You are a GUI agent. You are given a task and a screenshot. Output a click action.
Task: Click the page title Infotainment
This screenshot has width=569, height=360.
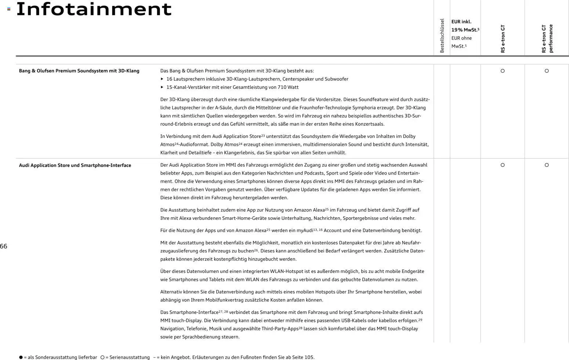point(94,9)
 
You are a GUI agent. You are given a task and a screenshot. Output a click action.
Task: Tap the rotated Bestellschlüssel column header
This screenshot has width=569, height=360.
point(442,36)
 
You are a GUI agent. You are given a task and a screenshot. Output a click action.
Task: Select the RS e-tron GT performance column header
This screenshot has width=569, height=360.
point(547,39)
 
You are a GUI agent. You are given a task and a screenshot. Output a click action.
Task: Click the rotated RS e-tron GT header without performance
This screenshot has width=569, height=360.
point(503,39)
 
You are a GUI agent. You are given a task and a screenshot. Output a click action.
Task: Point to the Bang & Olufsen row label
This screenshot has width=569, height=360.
point(79,71)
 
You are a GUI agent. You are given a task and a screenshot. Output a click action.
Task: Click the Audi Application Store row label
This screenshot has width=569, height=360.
point(75,166)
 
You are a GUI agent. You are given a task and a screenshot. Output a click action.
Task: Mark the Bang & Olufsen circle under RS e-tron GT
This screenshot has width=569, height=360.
point(503,71)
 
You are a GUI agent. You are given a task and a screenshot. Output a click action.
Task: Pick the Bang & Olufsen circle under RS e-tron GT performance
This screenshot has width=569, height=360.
point(547,71)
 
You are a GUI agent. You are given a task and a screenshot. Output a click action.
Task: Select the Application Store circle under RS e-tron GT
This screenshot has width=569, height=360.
point(503,165)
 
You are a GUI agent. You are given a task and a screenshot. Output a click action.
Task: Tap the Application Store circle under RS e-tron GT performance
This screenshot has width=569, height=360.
point(547,165)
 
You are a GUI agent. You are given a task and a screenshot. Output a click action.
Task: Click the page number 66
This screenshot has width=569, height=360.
point(4,246)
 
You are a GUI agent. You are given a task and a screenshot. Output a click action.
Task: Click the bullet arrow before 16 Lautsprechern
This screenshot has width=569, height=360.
point(162,79)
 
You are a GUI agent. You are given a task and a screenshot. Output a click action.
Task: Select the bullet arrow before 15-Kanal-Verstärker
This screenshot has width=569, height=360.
point(162,87)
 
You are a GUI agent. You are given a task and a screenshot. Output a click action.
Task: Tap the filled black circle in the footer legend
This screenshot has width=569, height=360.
point(21,357)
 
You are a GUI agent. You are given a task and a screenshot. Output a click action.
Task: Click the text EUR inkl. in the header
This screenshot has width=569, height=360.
point(461,22)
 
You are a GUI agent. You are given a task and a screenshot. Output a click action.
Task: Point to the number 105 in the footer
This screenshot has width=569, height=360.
point(309,357)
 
